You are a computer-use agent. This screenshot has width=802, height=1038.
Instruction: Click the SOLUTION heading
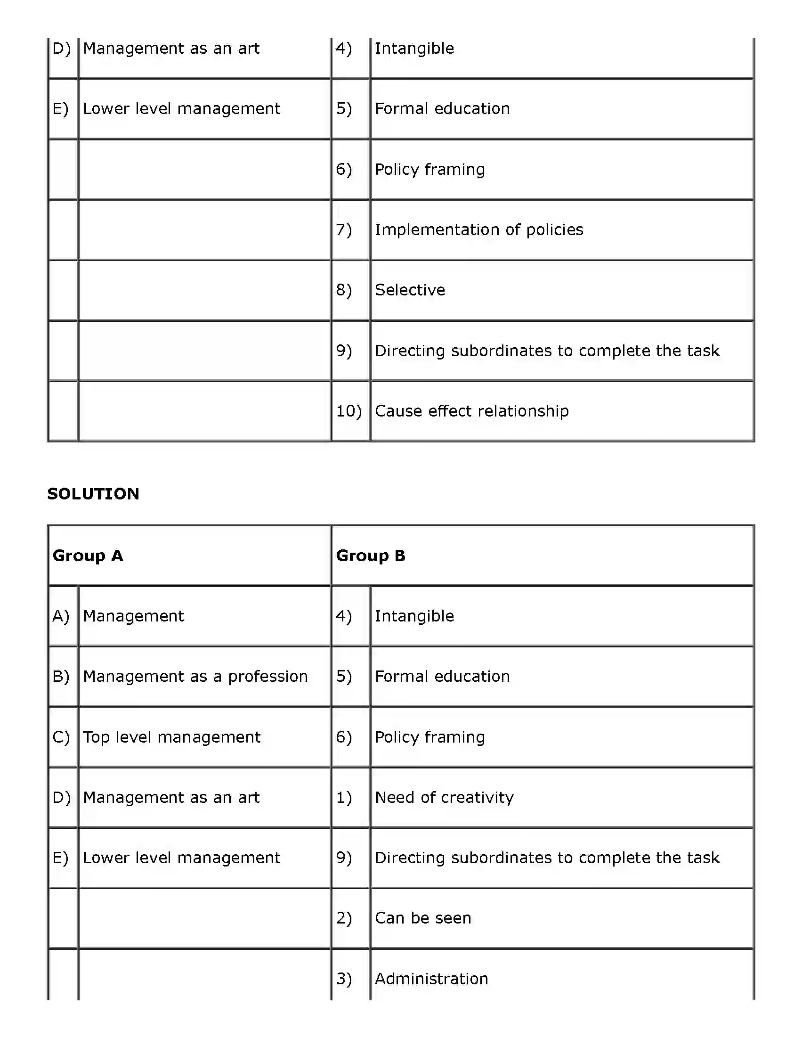[x=93, y=494]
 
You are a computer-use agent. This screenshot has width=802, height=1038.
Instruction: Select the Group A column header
[x=88, y=556]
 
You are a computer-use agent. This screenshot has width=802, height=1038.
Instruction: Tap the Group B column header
[x=371, y=556]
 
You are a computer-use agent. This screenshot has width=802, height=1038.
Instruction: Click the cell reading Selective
[x=410, y=290]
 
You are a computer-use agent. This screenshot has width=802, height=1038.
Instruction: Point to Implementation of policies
[x=479, y=229]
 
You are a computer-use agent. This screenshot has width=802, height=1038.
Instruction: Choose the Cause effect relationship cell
[x=472, y=411]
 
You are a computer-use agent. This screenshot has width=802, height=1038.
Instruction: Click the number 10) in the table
[x=349, y=411]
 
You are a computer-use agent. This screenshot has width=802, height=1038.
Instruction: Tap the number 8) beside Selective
[x=344, y=290]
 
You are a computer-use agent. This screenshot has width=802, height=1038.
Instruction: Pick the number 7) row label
[x=344, y=229]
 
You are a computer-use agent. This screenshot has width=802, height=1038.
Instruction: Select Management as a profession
[x=195, y=676]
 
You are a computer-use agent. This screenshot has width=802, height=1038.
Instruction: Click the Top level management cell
[x=171, y=737]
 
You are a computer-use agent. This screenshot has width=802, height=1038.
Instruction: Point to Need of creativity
[x=444, y=798]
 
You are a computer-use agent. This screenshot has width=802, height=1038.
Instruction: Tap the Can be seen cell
[x=423, y=918]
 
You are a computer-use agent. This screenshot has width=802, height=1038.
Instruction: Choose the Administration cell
[x=431, y=979]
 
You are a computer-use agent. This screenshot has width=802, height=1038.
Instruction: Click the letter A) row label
[x=61, y=616]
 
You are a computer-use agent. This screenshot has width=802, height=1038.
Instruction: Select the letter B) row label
[x=61, y=676]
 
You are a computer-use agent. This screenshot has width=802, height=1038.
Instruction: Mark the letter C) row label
[x=61, y=737]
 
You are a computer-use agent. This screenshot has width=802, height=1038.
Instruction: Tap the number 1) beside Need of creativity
[x=344, y=798]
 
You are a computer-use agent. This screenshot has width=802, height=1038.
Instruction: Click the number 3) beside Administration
[x=344, y=979]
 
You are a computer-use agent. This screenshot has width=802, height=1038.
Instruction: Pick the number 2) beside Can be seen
[x=344, y=918]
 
